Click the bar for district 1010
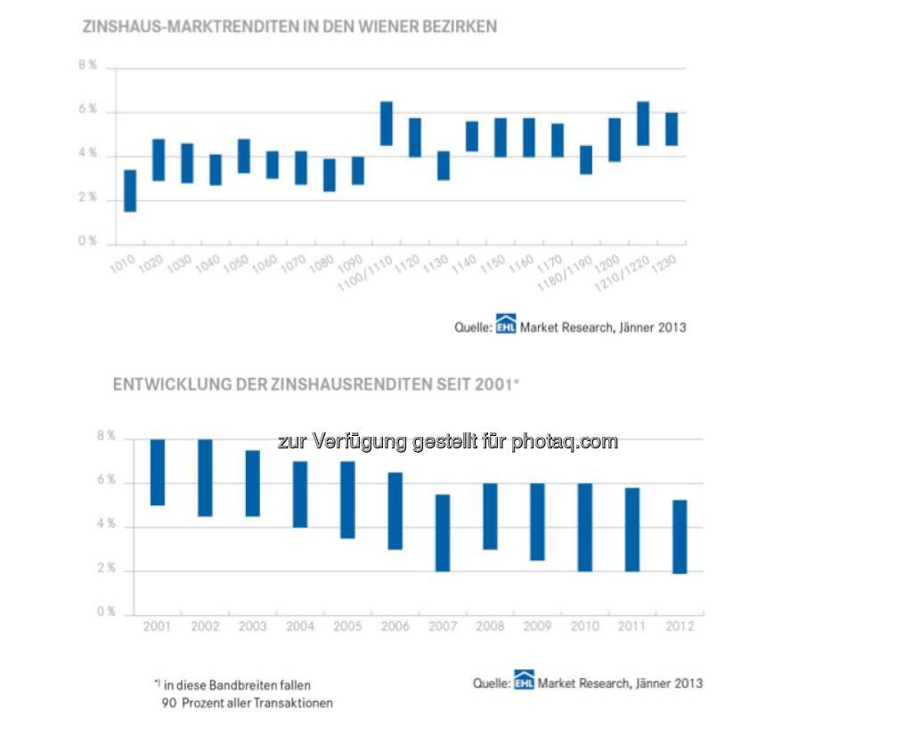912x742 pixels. tap(130, 190)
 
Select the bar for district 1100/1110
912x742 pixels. tap(387, 124)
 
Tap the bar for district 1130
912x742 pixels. tap(444, 165)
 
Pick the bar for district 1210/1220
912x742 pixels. tap(643, 124)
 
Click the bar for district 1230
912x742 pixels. tap(672, 129)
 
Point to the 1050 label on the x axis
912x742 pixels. tap(237, 264)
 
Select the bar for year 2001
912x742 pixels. tap(158, 472)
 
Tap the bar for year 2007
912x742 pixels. tap(443, 533)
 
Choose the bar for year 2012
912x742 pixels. tap(680, 536)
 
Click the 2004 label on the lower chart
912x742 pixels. tap(300, 626)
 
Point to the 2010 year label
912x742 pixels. tap(585, 626)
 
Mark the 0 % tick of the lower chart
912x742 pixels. tap(106, 613)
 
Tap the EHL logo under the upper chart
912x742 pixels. tap(507, 327)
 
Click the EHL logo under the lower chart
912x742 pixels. tap(523, 682)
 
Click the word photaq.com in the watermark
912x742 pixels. tap(564, 441)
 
